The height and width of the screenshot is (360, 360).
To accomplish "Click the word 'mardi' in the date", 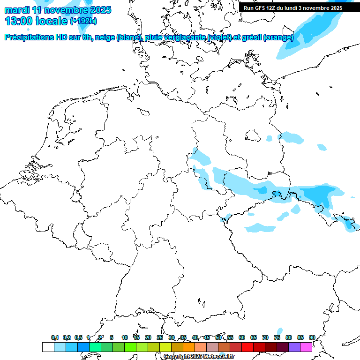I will (16, 10).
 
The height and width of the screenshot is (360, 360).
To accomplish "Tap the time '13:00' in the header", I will (20, 21).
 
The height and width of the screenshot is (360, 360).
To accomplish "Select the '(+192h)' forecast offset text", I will (83, 21).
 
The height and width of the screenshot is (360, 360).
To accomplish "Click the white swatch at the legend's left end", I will (48, 347).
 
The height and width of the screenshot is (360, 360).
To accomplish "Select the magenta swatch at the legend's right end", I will (306, 347).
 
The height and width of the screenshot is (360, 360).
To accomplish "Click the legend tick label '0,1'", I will (54, 337).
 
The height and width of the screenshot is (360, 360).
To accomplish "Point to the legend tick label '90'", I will (312, 337).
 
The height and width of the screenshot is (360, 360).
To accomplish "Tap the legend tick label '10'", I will (125, 337).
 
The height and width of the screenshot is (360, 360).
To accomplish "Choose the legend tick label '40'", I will (195, 337).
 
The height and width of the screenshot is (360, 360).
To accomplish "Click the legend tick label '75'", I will (277, 337).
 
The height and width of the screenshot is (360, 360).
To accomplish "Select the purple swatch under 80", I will (294, 347).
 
